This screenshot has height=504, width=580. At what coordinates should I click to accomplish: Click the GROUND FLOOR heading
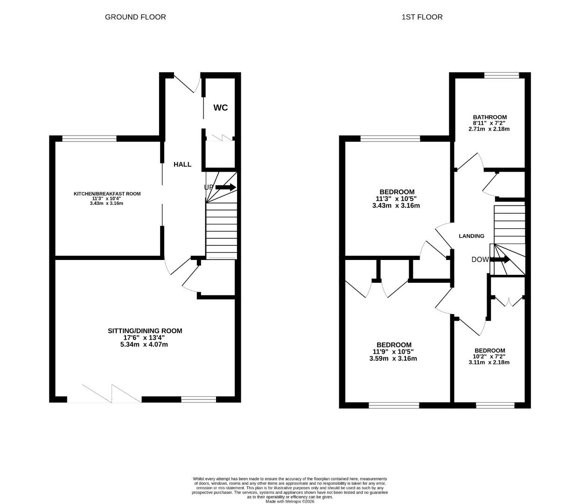(135, 17)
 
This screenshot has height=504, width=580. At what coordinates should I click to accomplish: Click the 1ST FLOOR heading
(422, 17)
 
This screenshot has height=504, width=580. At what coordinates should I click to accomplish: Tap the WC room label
(221, 108)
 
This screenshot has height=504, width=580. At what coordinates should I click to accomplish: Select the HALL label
(182, 164)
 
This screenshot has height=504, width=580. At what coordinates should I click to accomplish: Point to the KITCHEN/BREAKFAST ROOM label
(107, 194)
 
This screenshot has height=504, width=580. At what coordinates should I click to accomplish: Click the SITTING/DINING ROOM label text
(145, 331)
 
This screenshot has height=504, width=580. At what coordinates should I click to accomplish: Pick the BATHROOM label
(489, 117)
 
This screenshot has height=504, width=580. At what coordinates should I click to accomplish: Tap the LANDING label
(471, 236)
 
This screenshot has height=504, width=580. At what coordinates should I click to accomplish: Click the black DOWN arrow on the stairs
(500, 259)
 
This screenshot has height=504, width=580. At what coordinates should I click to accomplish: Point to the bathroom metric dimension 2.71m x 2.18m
(489, 129)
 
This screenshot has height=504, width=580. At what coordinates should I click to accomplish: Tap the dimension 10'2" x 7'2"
(489, 357)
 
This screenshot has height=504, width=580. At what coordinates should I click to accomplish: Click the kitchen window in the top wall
(90, 138)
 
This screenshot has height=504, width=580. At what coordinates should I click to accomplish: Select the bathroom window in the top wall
(502, 75)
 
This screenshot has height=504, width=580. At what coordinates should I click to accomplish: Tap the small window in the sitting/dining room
(199, 399)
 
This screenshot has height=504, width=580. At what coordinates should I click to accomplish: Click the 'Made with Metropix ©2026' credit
(290, 502)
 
